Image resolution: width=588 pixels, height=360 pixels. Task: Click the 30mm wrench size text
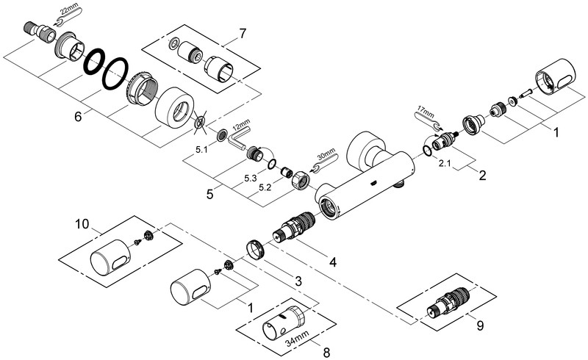coord(326,156)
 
